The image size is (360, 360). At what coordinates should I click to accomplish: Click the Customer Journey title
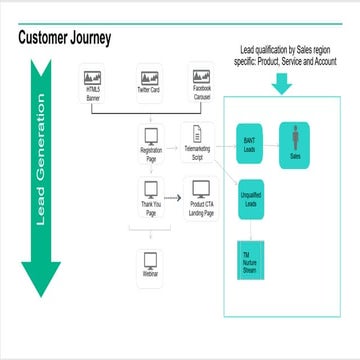click(x=65, y=38)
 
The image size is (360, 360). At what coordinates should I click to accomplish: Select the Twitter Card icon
click(x=150, y=79)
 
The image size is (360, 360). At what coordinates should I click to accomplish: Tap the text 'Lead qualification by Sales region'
click(x=287, y=50)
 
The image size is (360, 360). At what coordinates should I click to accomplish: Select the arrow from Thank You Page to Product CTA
click(x=174, y=189)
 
